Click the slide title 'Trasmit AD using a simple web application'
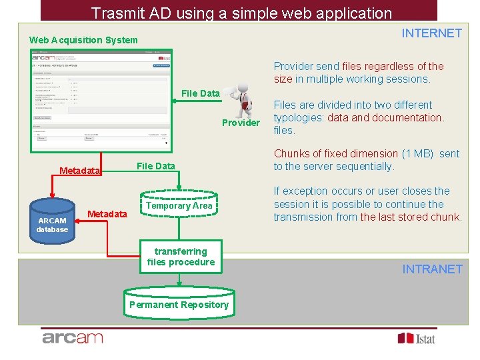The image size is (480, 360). (241, 13)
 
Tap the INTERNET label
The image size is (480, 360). (431, 33)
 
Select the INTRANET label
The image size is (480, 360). (432, 269)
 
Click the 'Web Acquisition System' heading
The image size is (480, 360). (83, 40)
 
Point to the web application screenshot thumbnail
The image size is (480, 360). (100, 100)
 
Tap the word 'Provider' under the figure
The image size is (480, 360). (241, 123)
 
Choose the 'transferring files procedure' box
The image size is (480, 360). (181, 257)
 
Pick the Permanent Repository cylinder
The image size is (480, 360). (179, 304)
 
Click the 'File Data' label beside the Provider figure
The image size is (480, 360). (200, 93)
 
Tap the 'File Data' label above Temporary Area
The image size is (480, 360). (155, 166)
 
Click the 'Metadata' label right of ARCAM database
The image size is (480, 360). (107, 214)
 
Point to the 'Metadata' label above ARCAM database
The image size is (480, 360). (79, 171)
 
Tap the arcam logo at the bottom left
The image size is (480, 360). (73, 338)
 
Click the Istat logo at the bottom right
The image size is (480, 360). (416, 338)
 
